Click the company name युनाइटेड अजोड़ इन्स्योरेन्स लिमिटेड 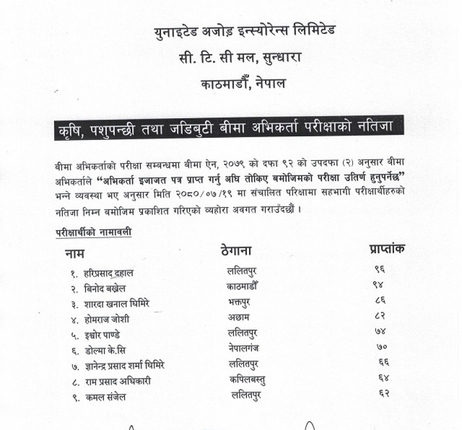[x=245, y=31]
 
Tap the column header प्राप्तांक [x=387, y=249]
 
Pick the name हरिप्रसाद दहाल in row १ [x=108, y=274]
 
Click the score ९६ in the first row [x=380, y=269]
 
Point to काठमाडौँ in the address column [x=242, y=285]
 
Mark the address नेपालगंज [x=243, y=348]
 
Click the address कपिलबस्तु [x=247, y=380]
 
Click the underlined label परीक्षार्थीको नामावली [x=93, y=232]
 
